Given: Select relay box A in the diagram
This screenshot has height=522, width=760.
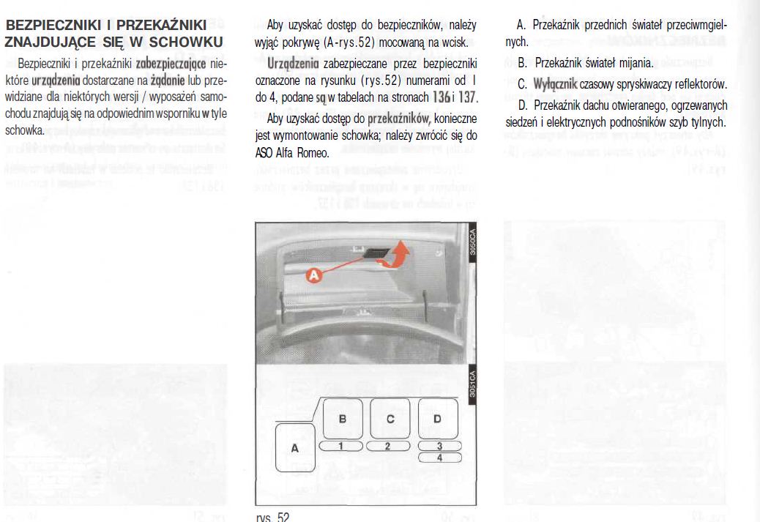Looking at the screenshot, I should (296, 448).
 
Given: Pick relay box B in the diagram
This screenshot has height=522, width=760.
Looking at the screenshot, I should (341, 419).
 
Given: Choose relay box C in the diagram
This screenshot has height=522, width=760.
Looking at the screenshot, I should (390, 419).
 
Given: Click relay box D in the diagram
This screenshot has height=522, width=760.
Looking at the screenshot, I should (438, 419).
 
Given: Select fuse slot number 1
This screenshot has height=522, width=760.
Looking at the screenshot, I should (341, 445).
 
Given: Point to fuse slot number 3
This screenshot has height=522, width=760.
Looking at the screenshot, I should (439, 445).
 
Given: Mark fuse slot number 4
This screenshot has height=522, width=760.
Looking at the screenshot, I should (439, 458).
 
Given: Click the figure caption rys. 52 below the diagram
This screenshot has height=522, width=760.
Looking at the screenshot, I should (273, 517).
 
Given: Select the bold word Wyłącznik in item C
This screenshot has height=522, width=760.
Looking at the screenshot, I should (556, 84).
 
